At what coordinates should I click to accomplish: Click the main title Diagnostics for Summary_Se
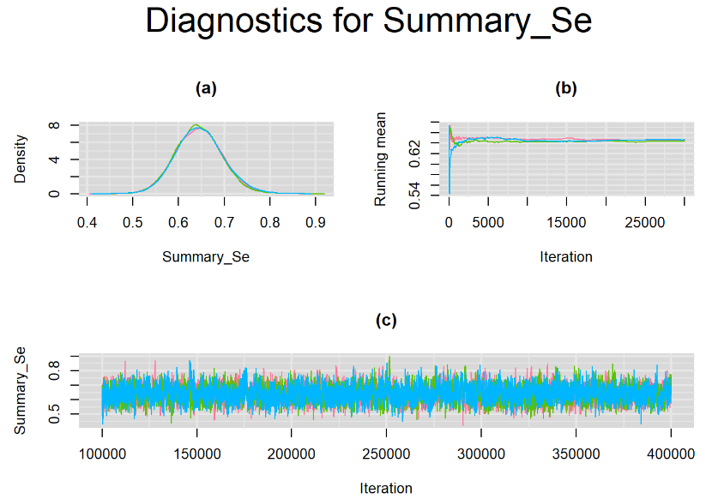pyautogui.click(x=368, y=21)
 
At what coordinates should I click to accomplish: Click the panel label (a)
pyautogui.click(x=206, y=88)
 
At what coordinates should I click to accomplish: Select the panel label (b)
pyautogui.click(x=566, y=88)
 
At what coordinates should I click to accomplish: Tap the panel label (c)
pyautogui.click(x=386, y=320)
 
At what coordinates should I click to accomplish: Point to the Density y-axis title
pyautogui.click(x=20, y=159)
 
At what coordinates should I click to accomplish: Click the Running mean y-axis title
pyautogui.click(x=381, y=159)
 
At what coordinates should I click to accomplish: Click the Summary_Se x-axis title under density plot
pyautogui.click(x=206, y=257)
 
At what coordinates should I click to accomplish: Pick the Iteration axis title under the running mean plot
pyautogui.click(x=566, y=257)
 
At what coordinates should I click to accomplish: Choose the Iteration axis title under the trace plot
pyautogui.click(x=386, y=488)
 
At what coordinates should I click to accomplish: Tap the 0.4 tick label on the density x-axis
pyautogui.click(x=87, y=222)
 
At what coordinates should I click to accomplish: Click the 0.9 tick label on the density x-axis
pyautogui.click(x=315, y=222)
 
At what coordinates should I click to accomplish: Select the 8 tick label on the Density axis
pyautogui.click(x=54, y=124)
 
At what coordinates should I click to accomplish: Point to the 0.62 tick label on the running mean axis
pyautogui.click(x=414, y=153)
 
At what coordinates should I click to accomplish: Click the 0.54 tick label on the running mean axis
pyautogui.click(x=414, y=195)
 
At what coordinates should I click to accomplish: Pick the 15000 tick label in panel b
pyautogui.click(x=566, y=222)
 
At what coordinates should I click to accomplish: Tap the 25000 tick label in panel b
pyautogui.click(x=645, y=222)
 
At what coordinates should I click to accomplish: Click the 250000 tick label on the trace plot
pyautogui.click(x=386, y=454)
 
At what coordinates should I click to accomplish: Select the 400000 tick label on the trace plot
pyautogui.click(x=671, y=454)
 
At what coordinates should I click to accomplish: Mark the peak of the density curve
pyautogui.click(x=196, y=124)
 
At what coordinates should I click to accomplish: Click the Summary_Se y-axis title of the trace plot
pyautogui.click(x=20, y=391)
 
